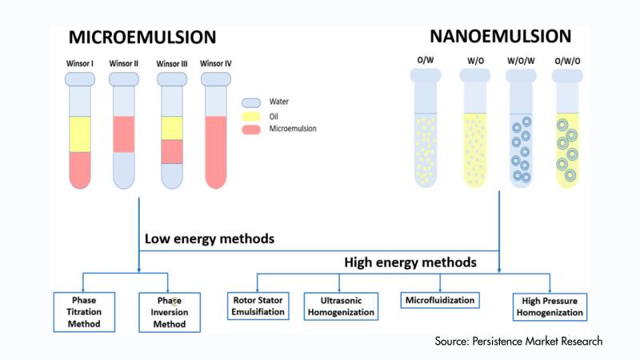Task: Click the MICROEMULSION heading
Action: pyautogui.click(x=142, y=38)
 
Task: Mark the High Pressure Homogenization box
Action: pyautogui.click(x=549, y=306)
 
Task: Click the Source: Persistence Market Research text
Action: pyautogui.click(x=518, y=342)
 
